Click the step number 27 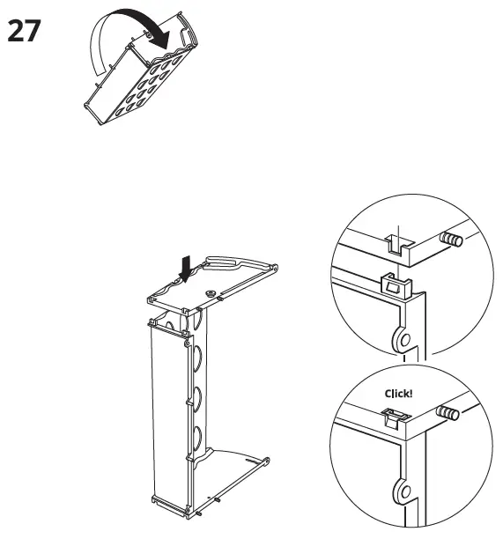(26, 31)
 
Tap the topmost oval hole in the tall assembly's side (198, 357)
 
